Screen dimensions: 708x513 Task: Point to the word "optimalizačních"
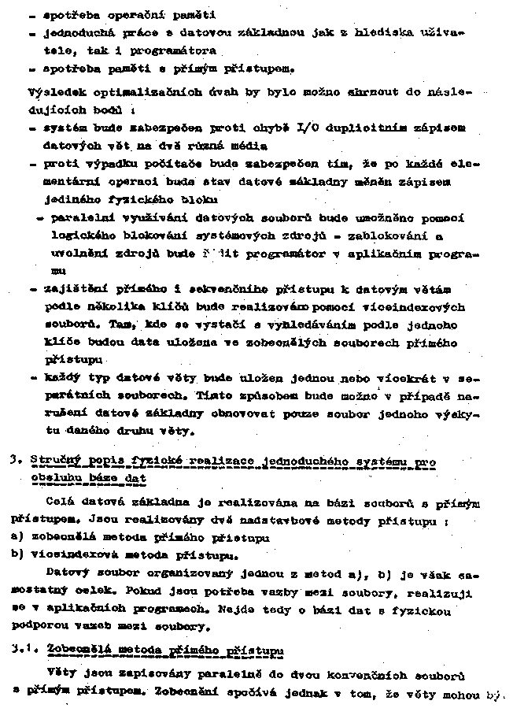tap(146, 91)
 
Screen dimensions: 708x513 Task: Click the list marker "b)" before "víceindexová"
tap(16, 554)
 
